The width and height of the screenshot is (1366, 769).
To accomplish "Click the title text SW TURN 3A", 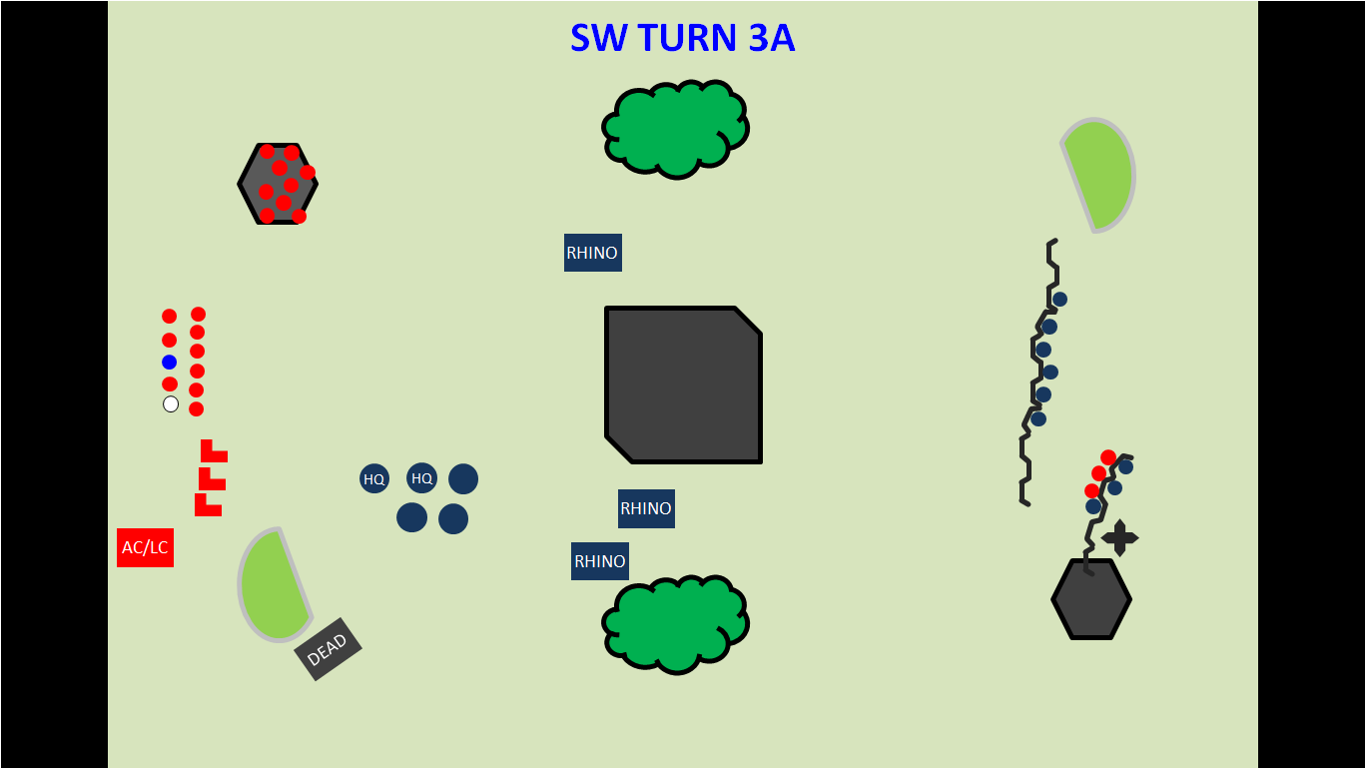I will [682, 38].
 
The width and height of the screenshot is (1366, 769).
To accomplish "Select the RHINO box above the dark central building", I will [592, 253].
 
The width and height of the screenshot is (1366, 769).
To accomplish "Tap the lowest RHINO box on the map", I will [599, 561].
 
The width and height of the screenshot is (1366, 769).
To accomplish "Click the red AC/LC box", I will [145, 547].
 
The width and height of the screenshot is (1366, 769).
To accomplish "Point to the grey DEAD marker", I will [328, 649].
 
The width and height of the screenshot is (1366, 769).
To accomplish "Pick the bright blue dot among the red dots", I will [170, 362].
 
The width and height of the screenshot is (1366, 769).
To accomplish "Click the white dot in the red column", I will [171, 403].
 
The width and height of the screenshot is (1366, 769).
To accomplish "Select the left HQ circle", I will [374, 478].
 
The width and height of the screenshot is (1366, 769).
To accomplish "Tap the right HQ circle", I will [422, 478].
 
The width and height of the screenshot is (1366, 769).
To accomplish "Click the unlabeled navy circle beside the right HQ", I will [463, 479].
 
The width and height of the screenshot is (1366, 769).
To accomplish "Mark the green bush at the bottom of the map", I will [676, 623].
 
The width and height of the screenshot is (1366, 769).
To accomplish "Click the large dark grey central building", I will [683, 384].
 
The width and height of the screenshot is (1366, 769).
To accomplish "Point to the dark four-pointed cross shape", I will [1119, 538].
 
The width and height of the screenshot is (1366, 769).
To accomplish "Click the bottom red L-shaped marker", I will [206, 506].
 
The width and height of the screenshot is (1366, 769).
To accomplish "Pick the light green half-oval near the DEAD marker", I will [272, 586].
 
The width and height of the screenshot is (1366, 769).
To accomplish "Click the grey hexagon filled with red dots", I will [277, 184].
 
